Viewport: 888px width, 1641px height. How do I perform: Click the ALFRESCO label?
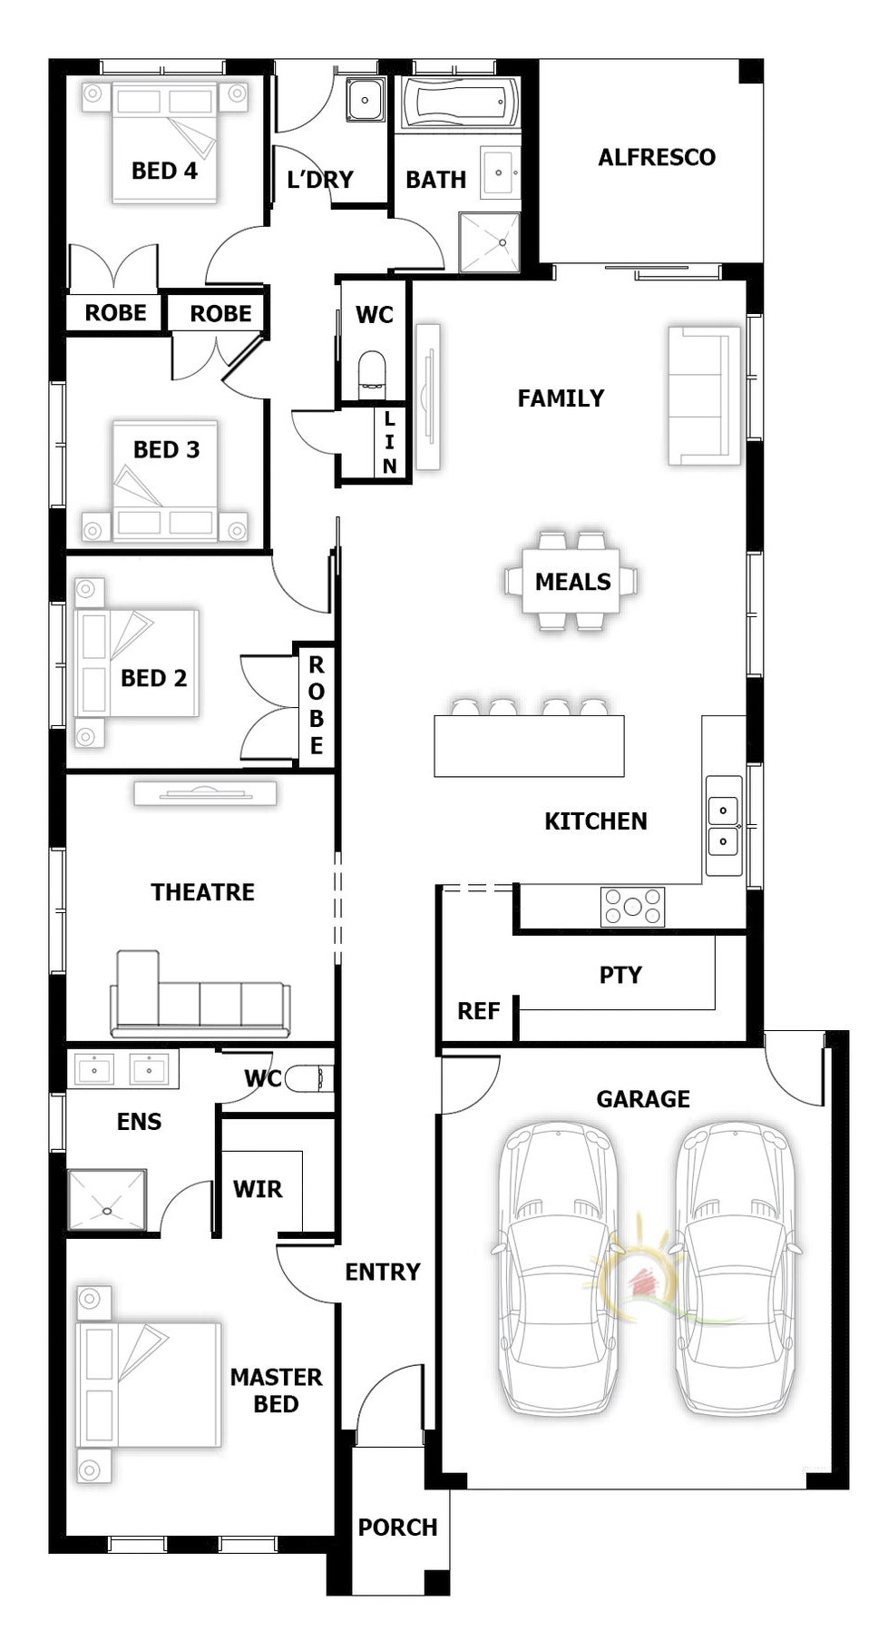click(657, 157)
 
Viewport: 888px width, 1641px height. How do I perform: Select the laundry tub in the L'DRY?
click(365, 100)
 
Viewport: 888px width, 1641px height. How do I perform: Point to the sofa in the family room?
click(705, 396)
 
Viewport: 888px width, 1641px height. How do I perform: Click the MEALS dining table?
click(571, 581)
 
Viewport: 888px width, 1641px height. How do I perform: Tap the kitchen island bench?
click(529, 746)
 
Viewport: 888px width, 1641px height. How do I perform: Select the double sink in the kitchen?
click(724, 825)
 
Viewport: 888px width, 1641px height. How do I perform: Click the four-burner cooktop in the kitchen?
click(632, 907)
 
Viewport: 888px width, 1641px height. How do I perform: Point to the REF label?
click(478, 1011)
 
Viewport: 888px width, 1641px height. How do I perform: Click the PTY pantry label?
click(620, 975)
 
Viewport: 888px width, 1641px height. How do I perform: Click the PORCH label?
click(397, 1528)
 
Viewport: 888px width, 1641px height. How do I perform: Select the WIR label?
click(258, 1189)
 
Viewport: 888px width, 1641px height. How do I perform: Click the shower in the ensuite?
click(107, 1200)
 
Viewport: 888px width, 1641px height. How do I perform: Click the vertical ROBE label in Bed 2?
click(317, 705)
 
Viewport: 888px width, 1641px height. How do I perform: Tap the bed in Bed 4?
click(164, 142)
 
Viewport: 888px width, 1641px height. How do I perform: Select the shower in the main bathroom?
click(490, 242)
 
